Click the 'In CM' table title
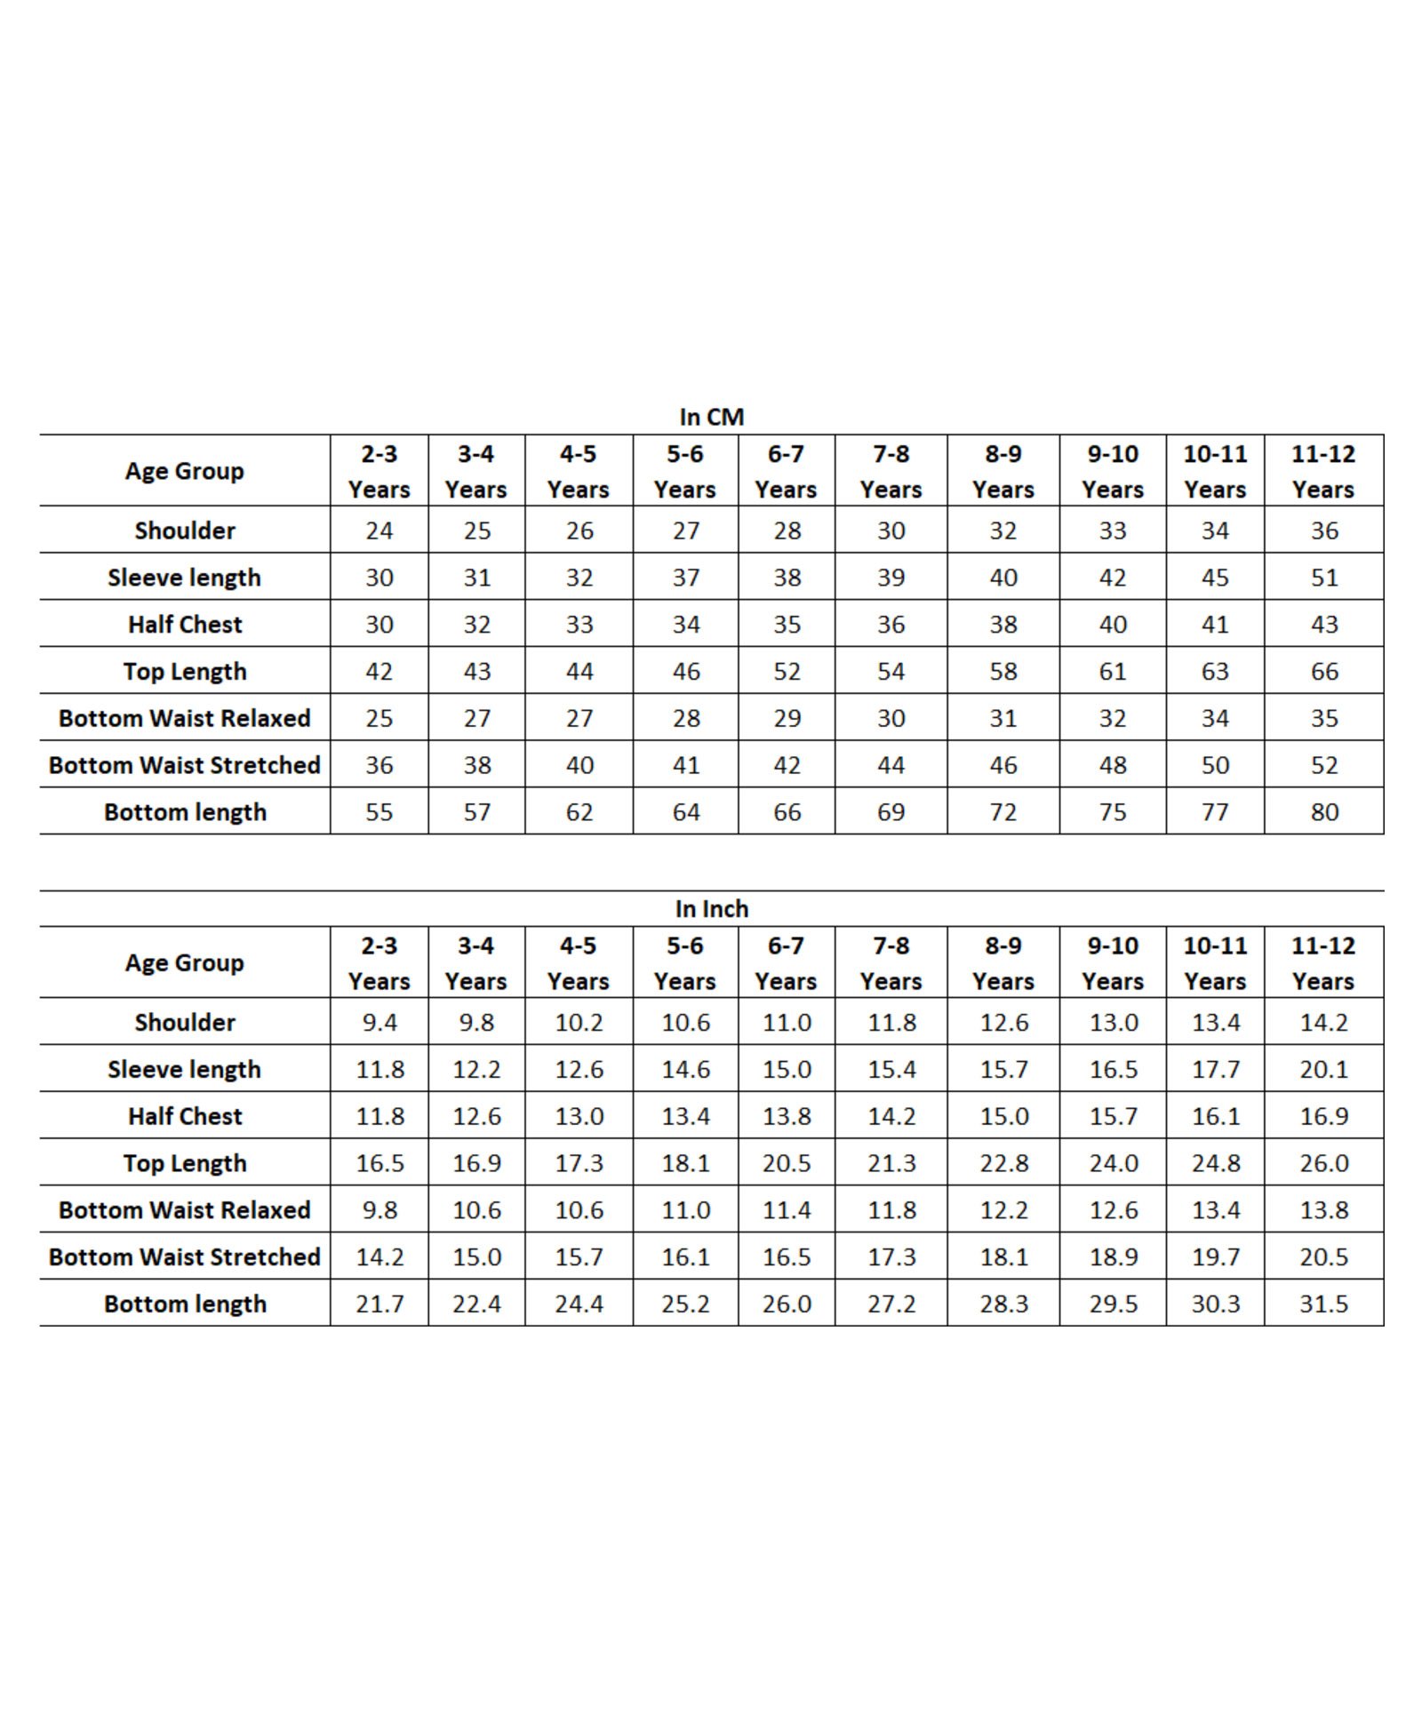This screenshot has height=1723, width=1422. [711, 417]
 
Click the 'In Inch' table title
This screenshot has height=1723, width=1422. [711, 908]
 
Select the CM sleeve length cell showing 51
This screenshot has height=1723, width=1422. [1323, 578]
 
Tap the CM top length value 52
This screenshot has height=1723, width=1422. [787, 671]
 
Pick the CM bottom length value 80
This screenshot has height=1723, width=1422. [1323, 811]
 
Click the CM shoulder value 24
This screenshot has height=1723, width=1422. [379, 530]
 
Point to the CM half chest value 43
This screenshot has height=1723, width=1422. [1323, 624]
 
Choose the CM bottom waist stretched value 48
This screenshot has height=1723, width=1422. [1112, 764]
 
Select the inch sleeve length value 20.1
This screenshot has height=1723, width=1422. [1323, 1069]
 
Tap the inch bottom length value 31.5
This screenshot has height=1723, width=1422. [1323, 1304]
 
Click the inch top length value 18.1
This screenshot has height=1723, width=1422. [685, 1162]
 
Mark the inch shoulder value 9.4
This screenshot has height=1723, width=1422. [379, 1022]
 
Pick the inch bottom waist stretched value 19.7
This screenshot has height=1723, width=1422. [1215, 1256]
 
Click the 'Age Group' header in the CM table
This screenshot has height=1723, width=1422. [185, 471]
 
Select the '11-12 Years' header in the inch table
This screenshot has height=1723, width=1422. [1323, 962]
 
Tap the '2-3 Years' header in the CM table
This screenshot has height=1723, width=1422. [379, 471]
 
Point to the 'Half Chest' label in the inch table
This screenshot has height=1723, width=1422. [185, 1116]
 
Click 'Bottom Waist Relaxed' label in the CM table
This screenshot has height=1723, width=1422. [185, 718]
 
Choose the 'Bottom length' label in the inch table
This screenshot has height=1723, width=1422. [185, 1304]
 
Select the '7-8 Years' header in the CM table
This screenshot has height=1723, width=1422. [891, 471]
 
